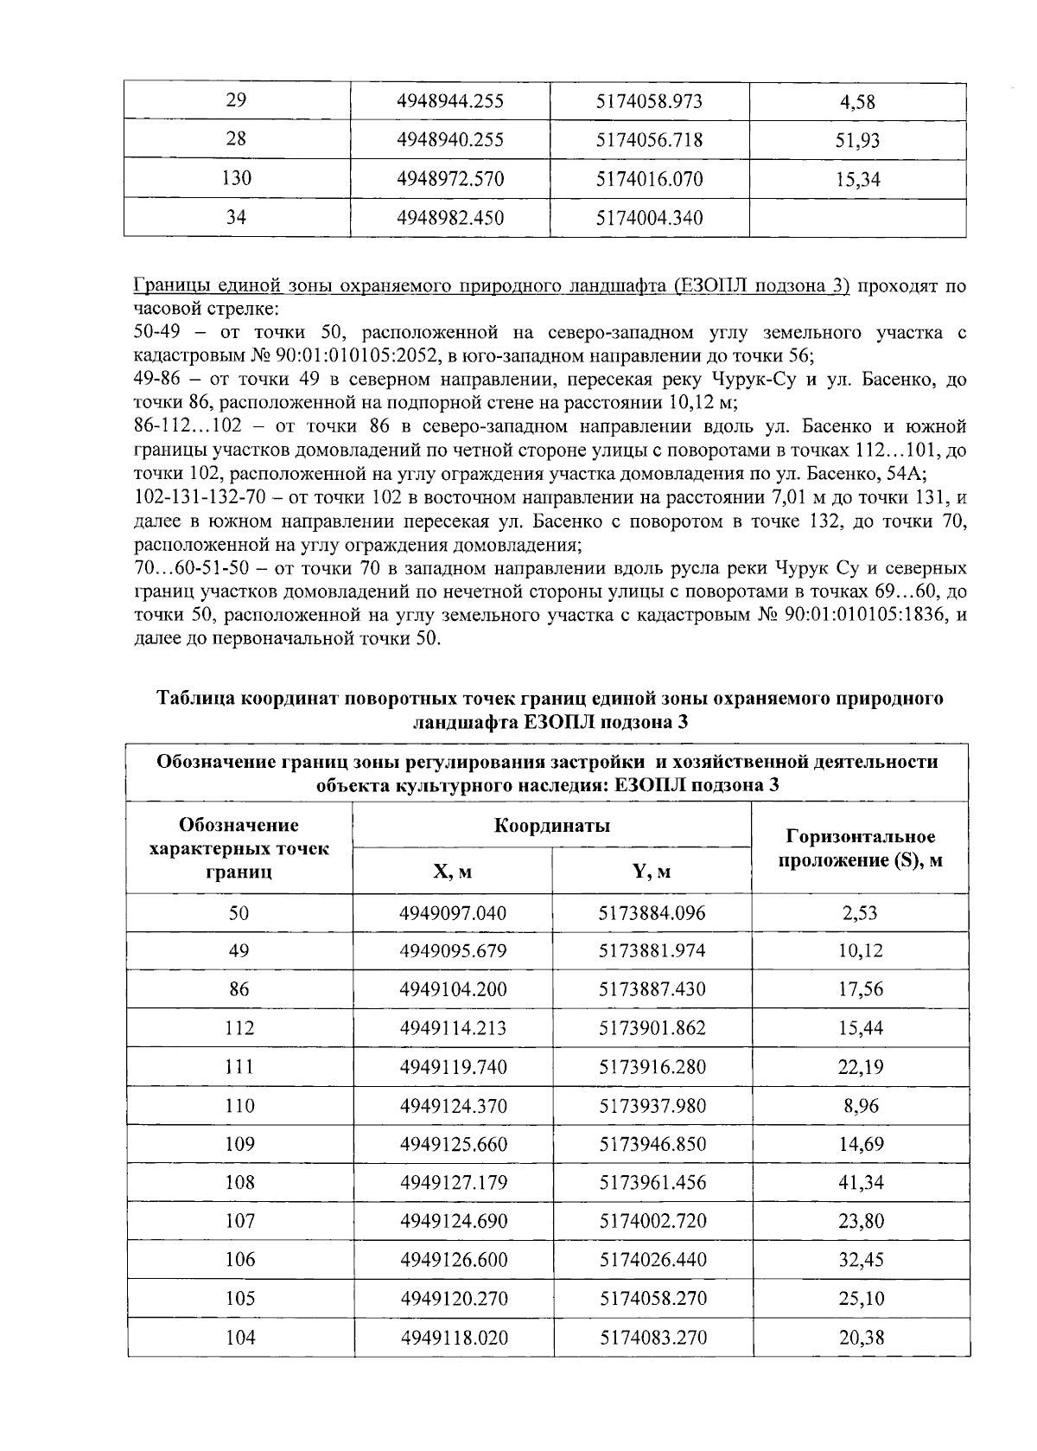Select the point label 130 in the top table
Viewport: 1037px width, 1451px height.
[x=237, y=179]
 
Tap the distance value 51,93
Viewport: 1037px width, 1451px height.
[x=857, y=140]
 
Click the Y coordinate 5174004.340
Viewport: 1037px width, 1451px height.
[x=650, y=218]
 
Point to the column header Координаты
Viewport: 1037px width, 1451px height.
[x=552, y=825]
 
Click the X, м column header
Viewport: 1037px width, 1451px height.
[x=452, y=872]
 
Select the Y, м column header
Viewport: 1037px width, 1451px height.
[x=652, y=872]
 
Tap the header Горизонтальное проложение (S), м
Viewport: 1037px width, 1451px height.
[x=860, y=848]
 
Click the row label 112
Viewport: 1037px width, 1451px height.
[x=239, y=1028]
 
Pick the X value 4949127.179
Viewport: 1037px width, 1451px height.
[x=452, y=1182]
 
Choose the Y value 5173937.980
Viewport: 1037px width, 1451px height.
[x=652, y=1105]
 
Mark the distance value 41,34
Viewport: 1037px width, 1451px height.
[x=860, y=1182]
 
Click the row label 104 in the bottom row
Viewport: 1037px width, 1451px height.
[x=239, y=1338]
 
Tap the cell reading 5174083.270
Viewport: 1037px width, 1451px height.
[x=652, y=1338]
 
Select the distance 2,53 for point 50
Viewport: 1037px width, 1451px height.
[x=860, y=912]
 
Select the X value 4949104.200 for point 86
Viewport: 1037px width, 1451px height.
[x=452, y=989]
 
